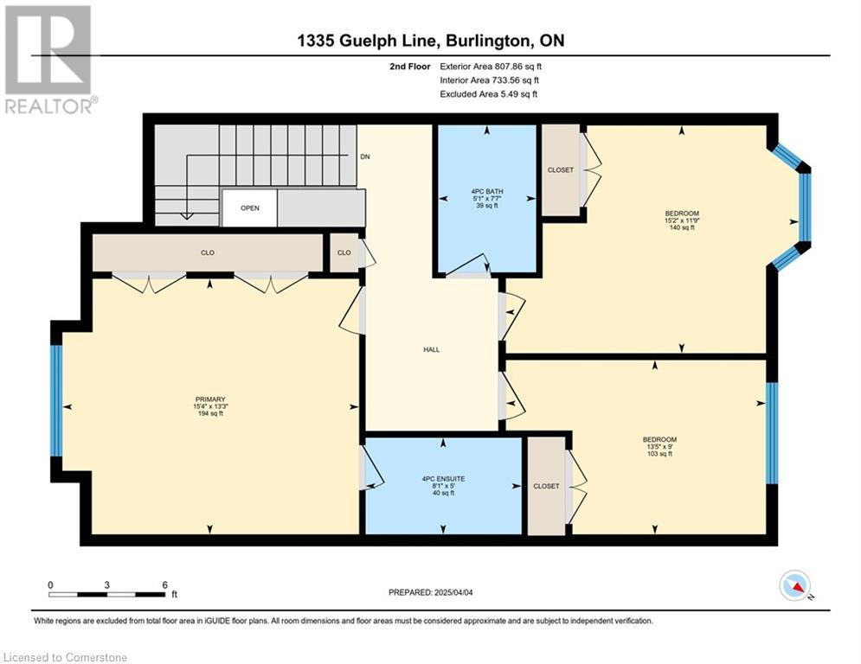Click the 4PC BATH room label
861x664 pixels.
[x=486, y=192]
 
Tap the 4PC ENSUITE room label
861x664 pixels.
[x=443, y=479]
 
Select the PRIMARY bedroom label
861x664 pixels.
[x=210, y=399]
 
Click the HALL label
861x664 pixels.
[x=431, y=349]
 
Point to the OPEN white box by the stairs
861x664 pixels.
[x=250, y=208]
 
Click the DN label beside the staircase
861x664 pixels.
[x=365, y=156]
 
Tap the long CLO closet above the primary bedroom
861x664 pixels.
[x=208, y=252]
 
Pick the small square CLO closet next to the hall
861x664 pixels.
[x=344, y=252]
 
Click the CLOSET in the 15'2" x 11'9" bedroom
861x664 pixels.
[x=561, y=170]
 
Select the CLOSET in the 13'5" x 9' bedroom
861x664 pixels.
[x=546, y=486]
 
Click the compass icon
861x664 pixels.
[x=795, y=586]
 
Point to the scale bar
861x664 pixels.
[x=107, y=594]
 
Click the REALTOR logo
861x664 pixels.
[x=48, y=59]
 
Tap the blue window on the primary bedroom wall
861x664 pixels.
[x=56, y=400]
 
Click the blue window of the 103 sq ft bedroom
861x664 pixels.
[x=772, y=433]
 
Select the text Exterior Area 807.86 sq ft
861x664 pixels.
[x=491, y=67]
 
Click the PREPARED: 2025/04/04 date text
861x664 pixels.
[x=431, y=592]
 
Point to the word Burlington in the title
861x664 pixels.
[x=486, y=41]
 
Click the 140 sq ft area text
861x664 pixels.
[x=682, y=227]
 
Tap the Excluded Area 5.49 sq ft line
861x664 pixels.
[x=489, y=94]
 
